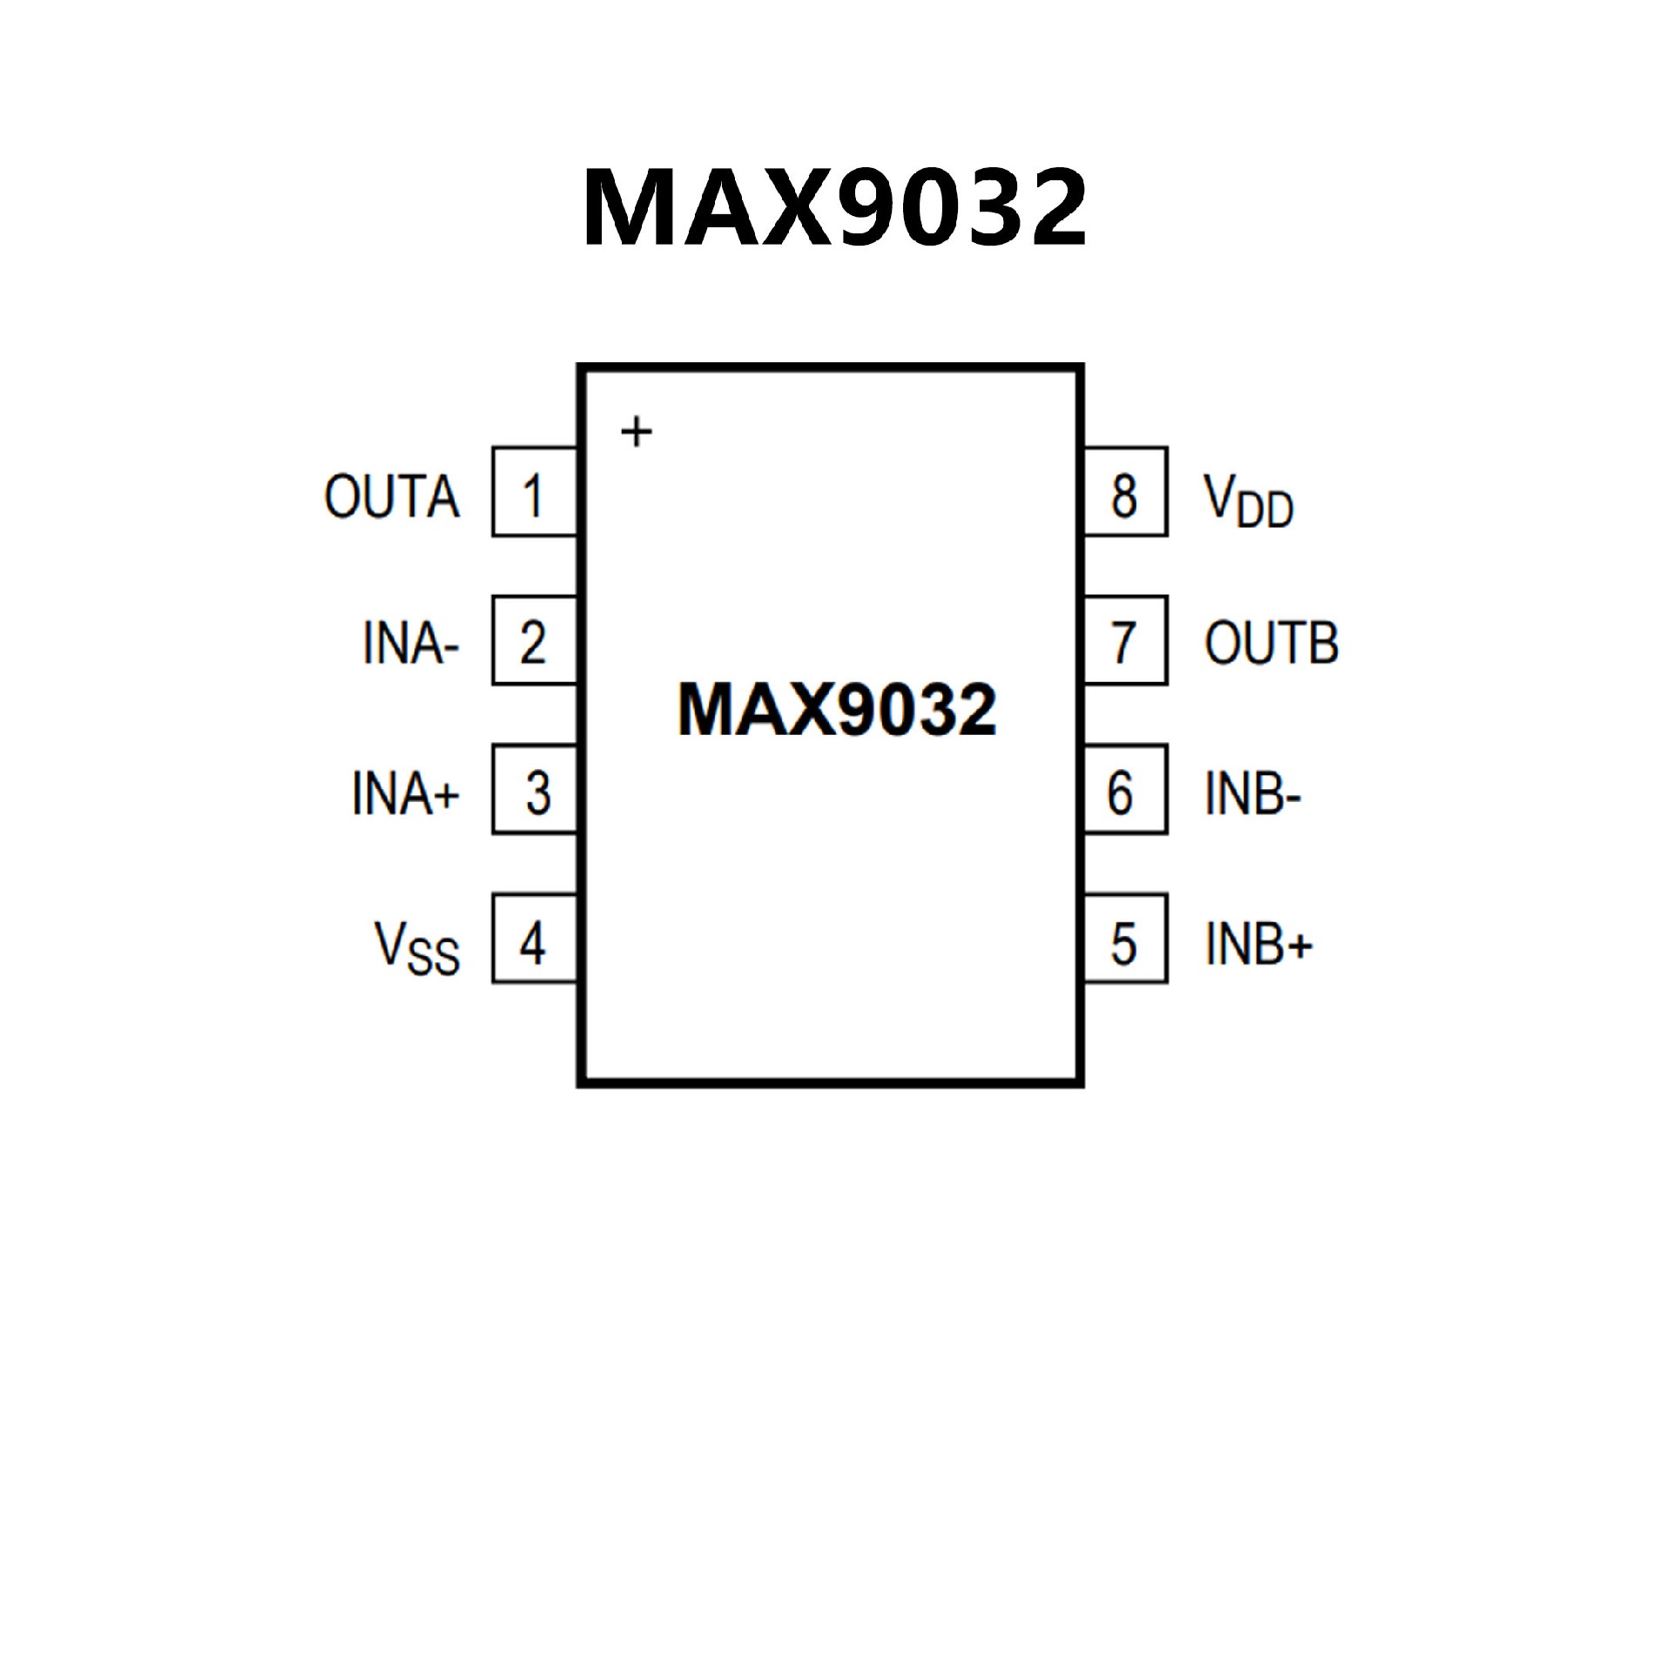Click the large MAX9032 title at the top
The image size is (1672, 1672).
834,207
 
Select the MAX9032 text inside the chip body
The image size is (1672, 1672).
836,710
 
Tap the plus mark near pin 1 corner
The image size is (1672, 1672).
637,432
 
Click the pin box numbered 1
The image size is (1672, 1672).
534,492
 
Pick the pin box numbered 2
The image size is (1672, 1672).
534,641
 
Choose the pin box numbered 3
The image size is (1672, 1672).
534,790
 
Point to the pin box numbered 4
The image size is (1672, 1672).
534,939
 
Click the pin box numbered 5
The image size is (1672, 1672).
1125,939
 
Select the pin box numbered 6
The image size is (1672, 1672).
1125,790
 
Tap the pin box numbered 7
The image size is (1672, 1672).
1125,641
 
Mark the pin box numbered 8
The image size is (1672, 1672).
1125,492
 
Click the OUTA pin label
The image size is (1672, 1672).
392,496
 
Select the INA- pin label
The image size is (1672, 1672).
410,644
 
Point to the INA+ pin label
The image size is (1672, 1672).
405,792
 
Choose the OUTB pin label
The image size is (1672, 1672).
1271,644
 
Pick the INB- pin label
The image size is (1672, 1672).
1252,793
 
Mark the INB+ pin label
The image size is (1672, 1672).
1257,943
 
